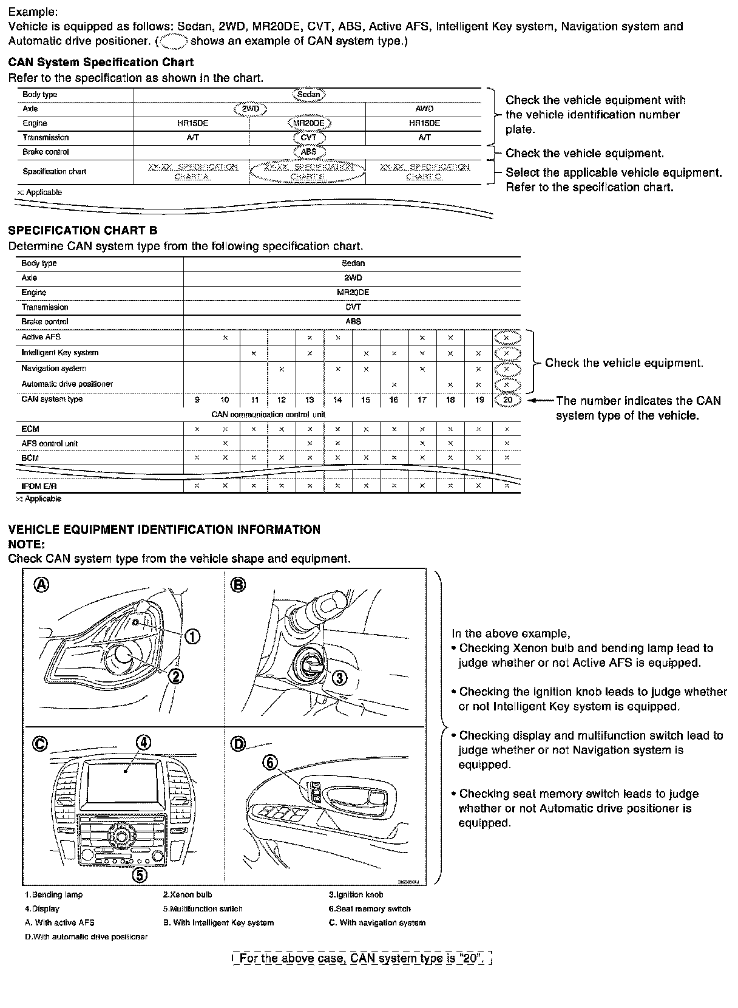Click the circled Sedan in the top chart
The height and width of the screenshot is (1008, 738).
coord(309,94)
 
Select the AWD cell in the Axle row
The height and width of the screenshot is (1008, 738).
coord(424,109)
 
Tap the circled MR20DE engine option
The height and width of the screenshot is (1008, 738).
coord(309,123)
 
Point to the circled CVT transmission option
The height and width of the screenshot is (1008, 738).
coord(308,138)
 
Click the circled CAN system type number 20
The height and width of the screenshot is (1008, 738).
coord(507,400)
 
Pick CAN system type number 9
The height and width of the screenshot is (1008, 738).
coord(197,400)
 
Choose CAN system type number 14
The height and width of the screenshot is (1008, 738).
coord(337,400)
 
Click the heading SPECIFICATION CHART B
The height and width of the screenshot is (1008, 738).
coord(83,230)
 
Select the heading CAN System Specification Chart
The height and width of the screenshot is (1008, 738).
coord(101,62)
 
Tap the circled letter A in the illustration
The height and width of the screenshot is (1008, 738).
coord(41,584)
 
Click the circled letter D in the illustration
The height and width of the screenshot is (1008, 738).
coord(239,743)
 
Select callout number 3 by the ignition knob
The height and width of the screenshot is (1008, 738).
coord(341,678)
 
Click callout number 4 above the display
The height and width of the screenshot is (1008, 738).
coord(143,742)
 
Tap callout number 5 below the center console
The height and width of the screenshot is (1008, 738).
coord(140,875)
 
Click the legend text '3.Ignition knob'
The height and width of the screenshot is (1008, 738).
coord(356,894)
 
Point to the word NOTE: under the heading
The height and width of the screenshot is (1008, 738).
coord(26,544)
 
